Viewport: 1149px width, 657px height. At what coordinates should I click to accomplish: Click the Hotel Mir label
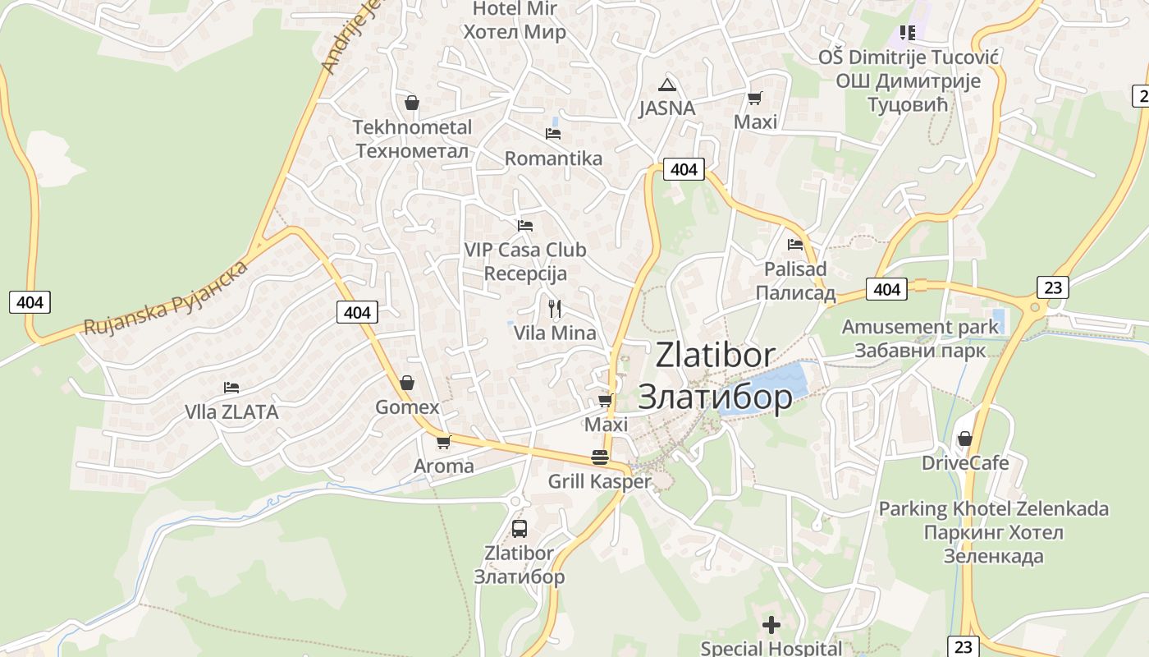(x=515, y=21)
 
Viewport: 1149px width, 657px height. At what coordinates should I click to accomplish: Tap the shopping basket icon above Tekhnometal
(x=412, y=103)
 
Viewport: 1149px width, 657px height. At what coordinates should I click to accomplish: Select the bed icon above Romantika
(x=553, y=133)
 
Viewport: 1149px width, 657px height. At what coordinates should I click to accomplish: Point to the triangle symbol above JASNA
(x=667, y=84)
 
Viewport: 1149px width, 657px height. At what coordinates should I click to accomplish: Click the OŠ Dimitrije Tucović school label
(x=908, y=80)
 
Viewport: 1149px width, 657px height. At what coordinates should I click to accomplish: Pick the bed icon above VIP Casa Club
(x=525, y=225)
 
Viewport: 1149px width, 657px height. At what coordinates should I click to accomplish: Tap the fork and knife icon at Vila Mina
(x=555, y=309)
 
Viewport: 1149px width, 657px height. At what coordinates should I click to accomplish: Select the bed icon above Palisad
(x=794, y=244)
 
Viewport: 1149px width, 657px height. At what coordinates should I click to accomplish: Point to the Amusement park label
(x=920, y=338)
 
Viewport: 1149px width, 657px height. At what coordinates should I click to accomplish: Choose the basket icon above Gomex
(x=407, y=383)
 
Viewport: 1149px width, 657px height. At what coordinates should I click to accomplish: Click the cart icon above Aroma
(x=444, y=442)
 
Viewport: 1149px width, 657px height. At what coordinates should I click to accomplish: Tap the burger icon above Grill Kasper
(x=600, y=457)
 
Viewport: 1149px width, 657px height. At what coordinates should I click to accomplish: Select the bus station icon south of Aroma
(x=519, y=528)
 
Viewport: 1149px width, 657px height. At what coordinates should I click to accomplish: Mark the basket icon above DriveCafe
(x=965, y=439)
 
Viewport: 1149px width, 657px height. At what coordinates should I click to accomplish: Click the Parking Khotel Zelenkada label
(x=993, y=532)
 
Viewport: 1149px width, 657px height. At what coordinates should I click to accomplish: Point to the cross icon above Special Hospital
(x=771, y=625)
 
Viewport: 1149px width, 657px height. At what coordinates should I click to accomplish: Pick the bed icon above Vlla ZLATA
(x=231, y=388)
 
